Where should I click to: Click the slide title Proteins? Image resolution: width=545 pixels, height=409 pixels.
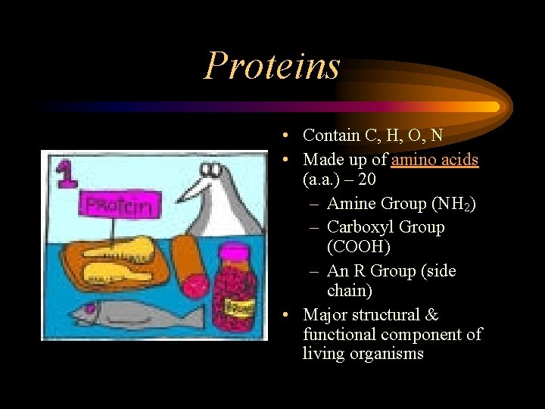coord(272,66)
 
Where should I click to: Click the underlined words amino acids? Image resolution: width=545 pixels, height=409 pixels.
coord(434,159)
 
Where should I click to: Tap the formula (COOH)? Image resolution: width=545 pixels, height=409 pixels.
coord(358,248)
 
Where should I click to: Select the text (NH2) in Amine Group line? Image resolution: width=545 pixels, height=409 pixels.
coord(453,204)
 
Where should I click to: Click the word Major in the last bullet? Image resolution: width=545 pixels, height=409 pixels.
coord(324,315)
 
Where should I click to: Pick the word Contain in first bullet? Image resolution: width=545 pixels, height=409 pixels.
coord(331,136)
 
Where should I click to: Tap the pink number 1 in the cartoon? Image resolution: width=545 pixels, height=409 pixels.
coord(66,173)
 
